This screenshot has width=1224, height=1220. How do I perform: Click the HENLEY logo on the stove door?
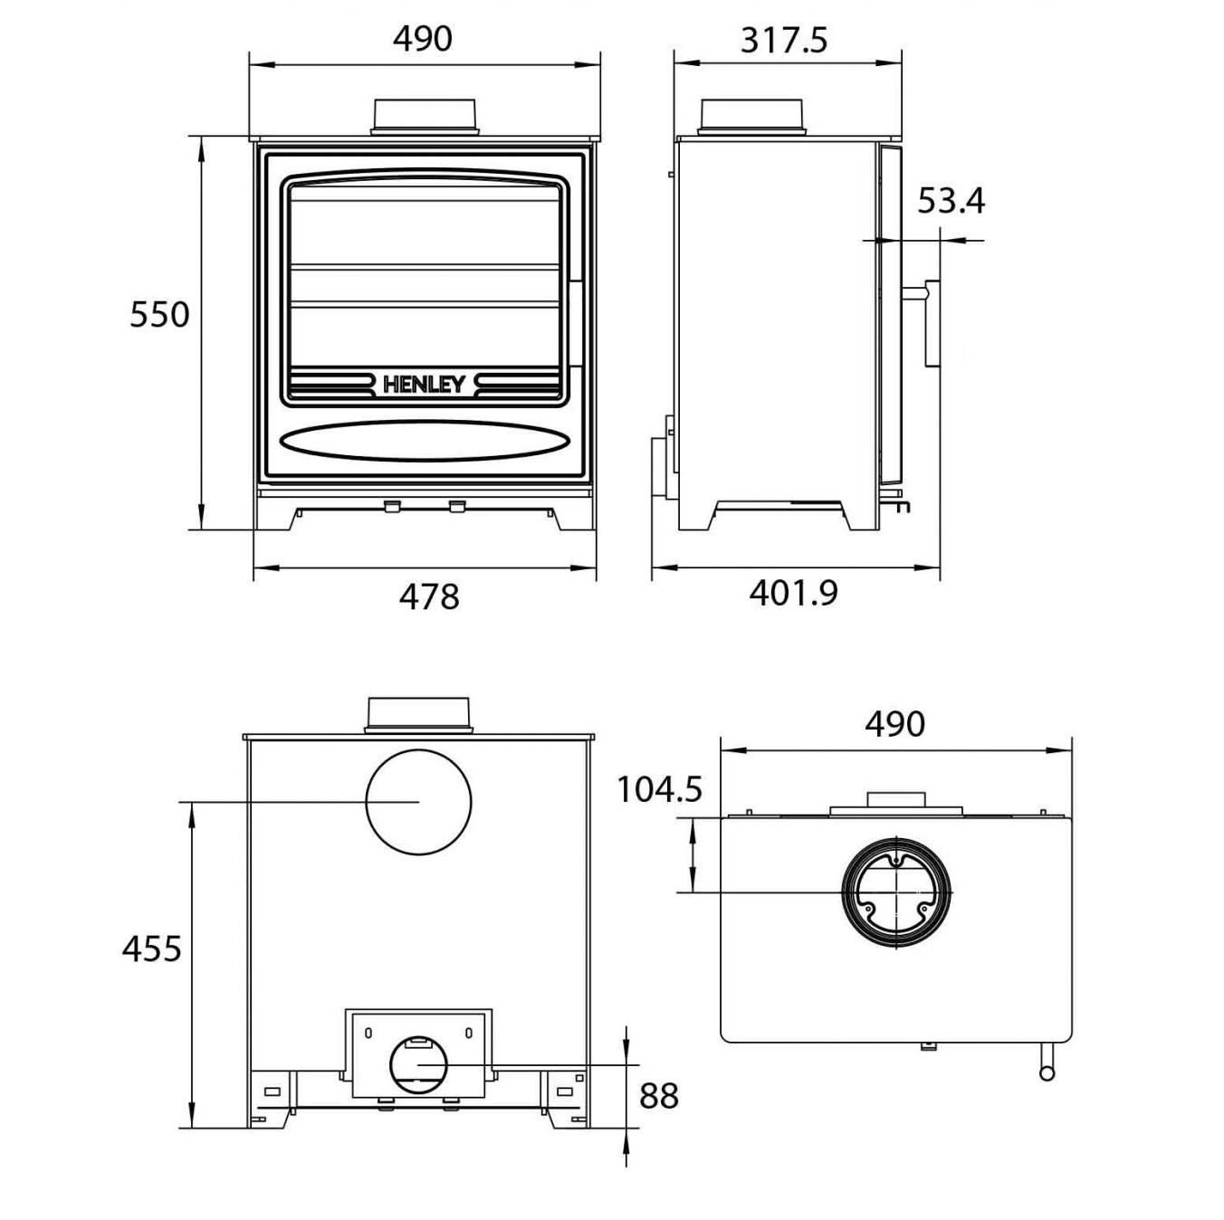[425, 384]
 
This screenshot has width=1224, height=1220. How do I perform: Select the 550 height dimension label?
[159, 315]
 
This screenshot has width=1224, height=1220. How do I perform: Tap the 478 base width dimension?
[429, 596]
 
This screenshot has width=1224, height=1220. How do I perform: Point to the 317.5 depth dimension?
[784, 41]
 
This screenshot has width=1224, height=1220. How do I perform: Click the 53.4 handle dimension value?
[951, 201]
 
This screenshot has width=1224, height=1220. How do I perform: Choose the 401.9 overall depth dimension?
[794, 593]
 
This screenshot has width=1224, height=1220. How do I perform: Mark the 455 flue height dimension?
[152, 948]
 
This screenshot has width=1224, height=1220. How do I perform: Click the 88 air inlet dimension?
[658, 1096]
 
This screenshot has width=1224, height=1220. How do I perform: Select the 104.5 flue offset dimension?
[659, 789]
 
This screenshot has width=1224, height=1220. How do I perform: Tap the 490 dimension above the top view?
[894, 724]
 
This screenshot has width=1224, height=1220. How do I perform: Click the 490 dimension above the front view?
[423, 39]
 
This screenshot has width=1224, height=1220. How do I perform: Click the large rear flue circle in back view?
[418, 801]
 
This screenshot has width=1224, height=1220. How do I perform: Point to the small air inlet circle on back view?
[417, 1065]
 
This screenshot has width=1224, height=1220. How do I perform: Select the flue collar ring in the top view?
[897, 891]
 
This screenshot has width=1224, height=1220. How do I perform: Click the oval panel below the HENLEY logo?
[425, 441]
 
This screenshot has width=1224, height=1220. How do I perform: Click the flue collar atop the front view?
[425, 116]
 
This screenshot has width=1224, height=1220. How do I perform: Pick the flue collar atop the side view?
[752, 116]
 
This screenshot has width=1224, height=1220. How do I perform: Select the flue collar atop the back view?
[417, 714]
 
